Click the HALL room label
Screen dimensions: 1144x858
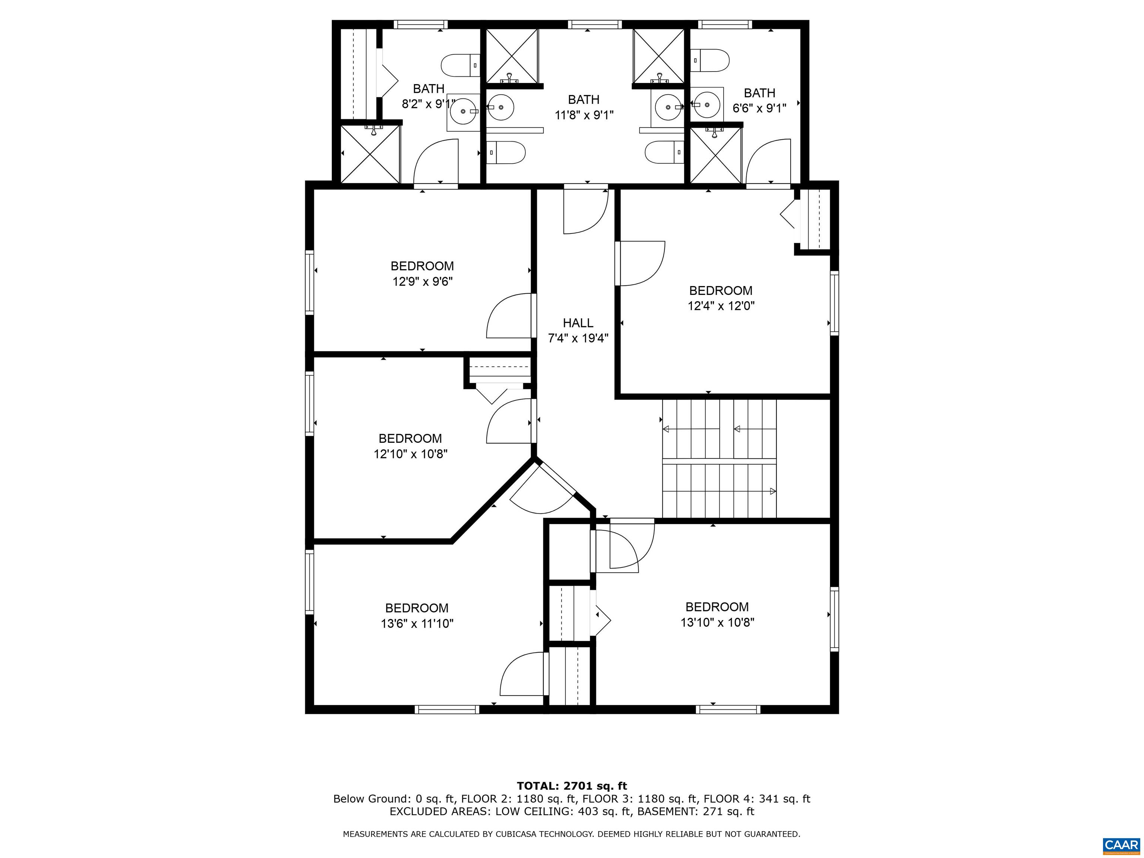click(x=578, y=323)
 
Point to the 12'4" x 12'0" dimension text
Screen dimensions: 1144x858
click(x=721, y=306)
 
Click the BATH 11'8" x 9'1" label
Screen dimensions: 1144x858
click(x=584, y=107)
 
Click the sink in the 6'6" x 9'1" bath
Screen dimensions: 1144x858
click(x=707, y=105)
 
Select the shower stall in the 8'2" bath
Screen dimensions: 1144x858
click(x=370, y=153)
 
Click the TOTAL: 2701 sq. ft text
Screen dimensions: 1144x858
click(x=572, y=786)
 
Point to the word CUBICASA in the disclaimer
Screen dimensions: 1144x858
click(x=520, y=834)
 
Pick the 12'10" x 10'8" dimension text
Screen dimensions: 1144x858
click(x=411, y=454)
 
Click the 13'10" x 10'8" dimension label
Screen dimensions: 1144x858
click(x=717, y=622)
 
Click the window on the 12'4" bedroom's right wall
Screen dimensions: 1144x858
click(x=834, y=303)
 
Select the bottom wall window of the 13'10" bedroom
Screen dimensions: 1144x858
click(x=728, y=709)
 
